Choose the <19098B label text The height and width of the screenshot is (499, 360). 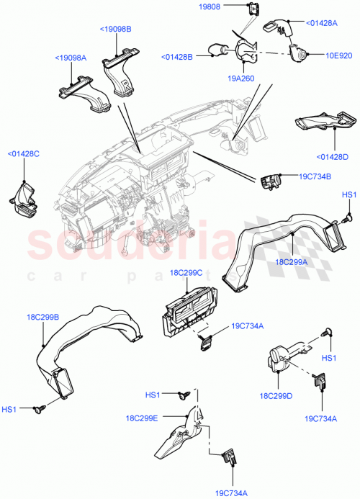point(115,30)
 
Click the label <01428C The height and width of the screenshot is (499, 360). point(23,153)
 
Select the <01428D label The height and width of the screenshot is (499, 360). point(331,157)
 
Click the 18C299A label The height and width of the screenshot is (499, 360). point(291,263)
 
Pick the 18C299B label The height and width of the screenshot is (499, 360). point(44,315)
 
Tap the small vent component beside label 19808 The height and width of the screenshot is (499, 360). point(253,9)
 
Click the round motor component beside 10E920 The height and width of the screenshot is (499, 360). point(299,53)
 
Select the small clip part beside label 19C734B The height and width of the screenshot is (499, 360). point(272,181)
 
